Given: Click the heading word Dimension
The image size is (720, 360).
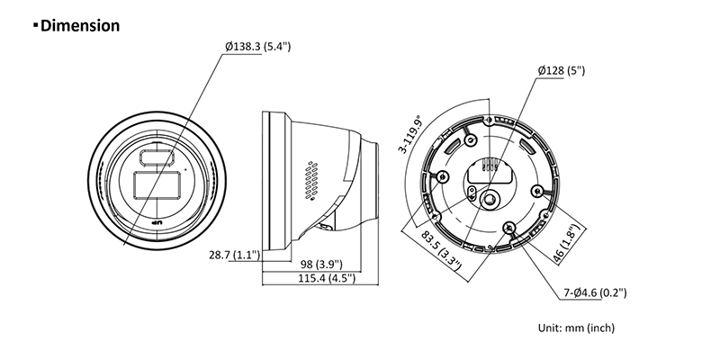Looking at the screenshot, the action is point(80,25).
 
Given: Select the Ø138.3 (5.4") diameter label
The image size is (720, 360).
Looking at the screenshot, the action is point(257,47).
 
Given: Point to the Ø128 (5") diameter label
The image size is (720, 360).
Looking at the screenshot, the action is point(562,71).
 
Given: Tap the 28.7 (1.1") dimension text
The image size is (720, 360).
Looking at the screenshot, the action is point(235,255).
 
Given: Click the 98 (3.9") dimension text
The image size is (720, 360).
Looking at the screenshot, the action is point(322,264).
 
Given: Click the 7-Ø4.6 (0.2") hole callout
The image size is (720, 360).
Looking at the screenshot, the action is point(595,292).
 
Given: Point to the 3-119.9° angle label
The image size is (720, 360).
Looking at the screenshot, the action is point(410,134).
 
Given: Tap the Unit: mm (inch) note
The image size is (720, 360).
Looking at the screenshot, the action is point(576,328).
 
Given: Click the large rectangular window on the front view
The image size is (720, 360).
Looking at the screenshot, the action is point(157,185).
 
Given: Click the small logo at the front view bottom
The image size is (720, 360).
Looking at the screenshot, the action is point(157,223).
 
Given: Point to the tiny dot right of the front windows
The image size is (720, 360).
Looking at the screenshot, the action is point(186,169).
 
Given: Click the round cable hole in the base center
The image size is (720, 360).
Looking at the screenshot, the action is point(489,199).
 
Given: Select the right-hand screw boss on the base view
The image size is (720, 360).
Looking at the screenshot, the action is point(536,190).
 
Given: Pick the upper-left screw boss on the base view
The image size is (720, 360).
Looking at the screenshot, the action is point(470,139).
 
